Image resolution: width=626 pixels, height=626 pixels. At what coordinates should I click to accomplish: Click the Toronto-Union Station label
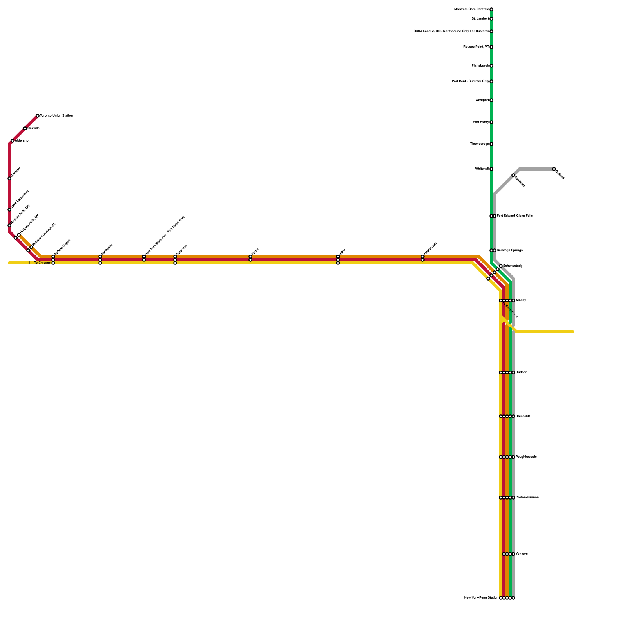56,116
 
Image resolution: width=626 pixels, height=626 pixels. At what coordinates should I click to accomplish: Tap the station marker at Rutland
554,169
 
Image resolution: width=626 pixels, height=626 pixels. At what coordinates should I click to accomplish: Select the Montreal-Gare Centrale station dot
491,9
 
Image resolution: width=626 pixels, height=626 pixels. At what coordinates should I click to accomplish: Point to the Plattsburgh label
480,66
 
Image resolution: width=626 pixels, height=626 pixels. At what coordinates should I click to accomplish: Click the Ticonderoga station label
479,144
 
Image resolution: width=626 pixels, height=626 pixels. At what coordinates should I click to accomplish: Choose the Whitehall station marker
491,169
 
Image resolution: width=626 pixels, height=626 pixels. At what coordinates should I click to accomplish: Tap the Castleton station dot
513,175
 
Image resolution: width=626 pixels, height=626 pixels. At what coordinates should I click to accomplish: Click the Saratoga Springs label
510,250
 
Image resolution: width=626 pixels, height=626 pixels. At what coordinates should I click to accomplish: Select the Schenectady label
513,266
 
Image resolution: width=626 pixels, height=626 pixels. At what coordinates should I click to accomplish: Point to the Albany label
521,300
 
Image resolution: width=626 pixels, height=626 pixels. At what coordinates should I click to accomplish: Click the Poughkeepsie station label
526,457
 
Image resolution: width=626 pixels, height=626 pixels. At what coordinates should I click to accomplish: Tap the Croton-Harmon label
527,498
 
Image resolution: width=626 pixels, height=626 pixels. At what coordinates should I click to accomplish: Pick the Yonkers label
522,554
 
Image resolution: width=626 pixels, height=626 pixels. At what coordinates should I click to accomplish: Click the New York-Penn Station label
481,598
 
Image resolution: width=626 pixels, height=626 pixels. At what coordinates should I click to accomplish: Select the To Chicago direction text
41,263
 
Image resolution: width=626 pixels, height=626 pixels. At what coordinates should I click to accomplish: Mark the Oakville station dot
25,128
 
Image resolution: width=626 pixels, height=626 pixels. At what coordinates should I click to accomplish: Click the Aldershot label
22,141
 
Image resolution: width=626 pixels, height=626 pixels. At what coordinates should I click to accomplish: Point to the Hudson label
521,372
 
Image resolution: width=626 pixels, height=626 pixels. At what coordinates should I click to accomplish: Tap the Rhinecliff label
523,416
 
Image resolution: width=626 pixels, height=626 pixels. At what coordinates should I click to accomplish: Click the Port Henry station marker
491,122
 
